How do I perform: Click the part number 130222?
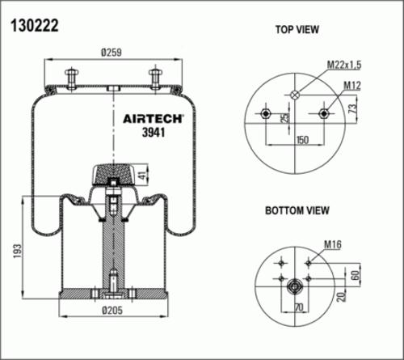pyautogui.click(x=34, y=26)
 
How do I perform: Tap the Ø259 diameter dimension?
pyautogui.click(x=112, y=53)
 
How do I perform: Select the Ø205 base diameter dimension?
pyautogui.click(x=112, y=310)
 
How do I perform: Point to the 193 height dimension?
pyautogui.click(x=17, y=251)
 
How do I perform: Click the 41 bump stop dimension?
pyautogui.click(x=143, y=175)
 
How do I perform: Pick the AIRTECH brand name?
pyautogui.click(x=153, y=119)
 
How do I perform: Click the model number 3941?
pyautogui.click(x=154, y=132)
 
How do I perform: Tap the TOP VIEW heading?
pyautogui.click(x=297, y=29)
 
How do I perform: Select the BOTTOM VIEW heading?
pyautogui.click(x=297, y=210)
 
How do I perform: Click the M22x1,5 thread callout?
pyautogui.click(x=344, y=65)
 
